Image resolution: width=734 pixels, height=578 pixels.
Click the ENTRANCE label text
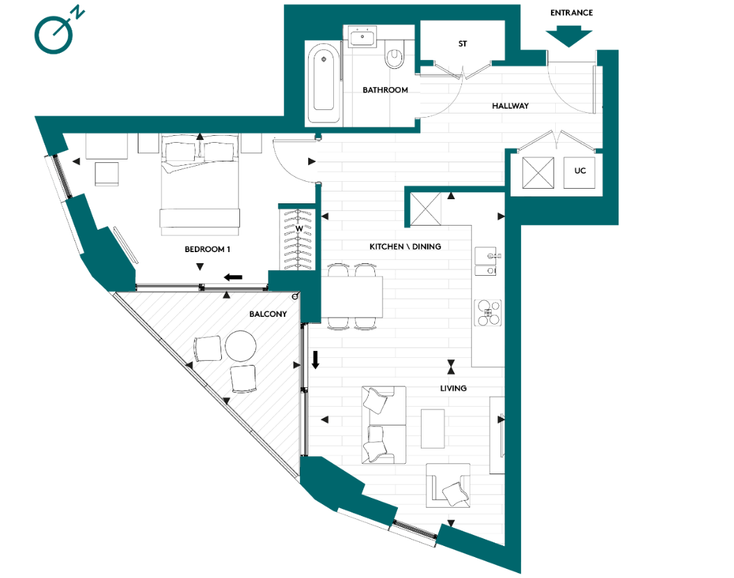pyautogui.click(x=571, y=13)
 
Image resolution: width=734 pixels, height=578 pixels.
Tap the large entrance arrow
pyautogui.click(x=569, y=37)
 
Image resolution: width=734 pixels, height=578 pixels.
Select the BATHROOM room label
pyautogui.click(x=385, y=91)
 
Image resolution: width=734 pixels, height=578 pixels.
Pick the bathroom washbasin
pyautogui.click(x=362, y=37)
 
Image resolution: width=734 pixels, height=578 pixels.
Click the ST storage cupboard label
pyautogui.click(x=463, y=44)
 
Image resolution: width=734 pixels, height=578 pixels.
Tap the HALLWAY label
pyautogui.click(x=510, y=106)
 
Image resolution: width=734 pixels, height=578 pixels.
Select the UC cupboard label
pyautogui.click(x=580, y=171)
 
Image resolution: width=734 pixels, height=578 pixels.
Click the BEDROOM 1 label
pyautogui.click(x=207, y=249)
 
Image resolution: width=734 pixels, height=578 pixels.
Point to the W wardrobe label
pyautogui.click(x=298, y=228)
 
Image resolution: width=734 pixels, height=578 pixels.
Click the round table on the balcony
pyautogui.click(x=241, y=345)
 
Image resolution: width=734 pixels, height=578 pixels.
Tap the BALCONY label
pyautogui.click(x=268, y=315)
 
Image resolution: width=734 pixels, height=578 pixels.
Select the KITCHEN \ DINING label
pyautogui.click(x=405, y=247)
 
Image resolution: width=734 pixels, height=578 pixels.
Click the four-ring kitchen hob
pyautogui.click(x=488, y=312)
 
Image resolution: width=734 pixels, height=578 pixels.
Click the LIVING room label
pyautogui.click(x=453, y=388)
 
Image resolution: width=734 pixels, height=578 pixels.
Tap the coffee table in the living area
pyautogui.click(x=433, y=428)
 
